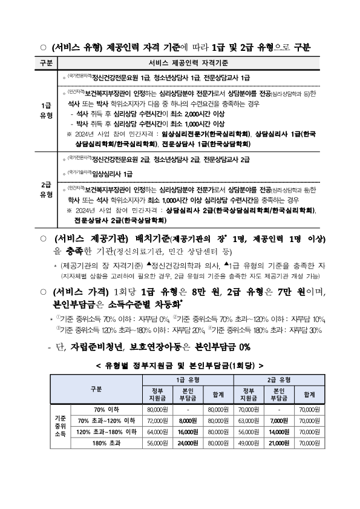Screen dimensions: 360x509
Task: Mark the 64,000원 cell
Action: (x=156, y=432)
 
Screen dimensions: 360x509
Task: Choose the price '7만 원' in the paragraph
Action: (x=284, y=293)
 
